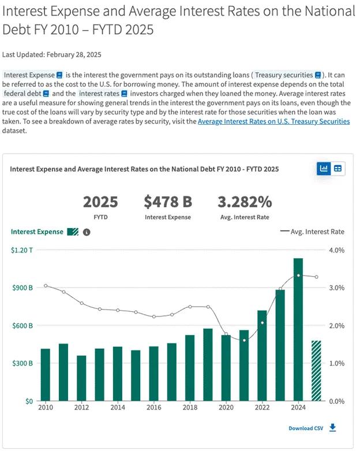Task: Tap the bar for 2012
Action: (x=81, y=378)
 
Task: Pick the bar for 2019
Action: (x=208, y=364)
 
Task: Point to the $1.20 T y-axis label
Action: (x=22, y=250)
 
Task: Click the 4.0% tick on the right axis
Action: (x=336, y=250)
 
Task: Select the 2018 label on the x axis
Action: (x=190, y=408)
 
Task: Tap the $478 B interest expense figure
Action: (x=168, y=202)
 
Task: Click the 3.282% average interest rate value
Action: (x=245, y=202)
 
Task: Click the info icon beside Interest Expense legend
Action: (x=87, y=232)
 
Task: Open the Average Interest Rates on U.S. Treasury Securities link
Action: (x=273, y=121)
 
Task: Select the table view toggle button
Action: (x=338, y=169)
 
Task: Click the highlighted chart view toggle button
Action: (x=324, y=169)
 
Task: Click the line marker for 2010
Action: (x=46, y=286)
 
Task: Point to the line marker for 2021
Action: (x=244, y=340)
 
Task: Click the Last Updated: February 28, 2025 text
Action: (x=52, y=55)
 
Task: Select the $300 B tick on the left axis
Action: (x=22, y=363)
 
